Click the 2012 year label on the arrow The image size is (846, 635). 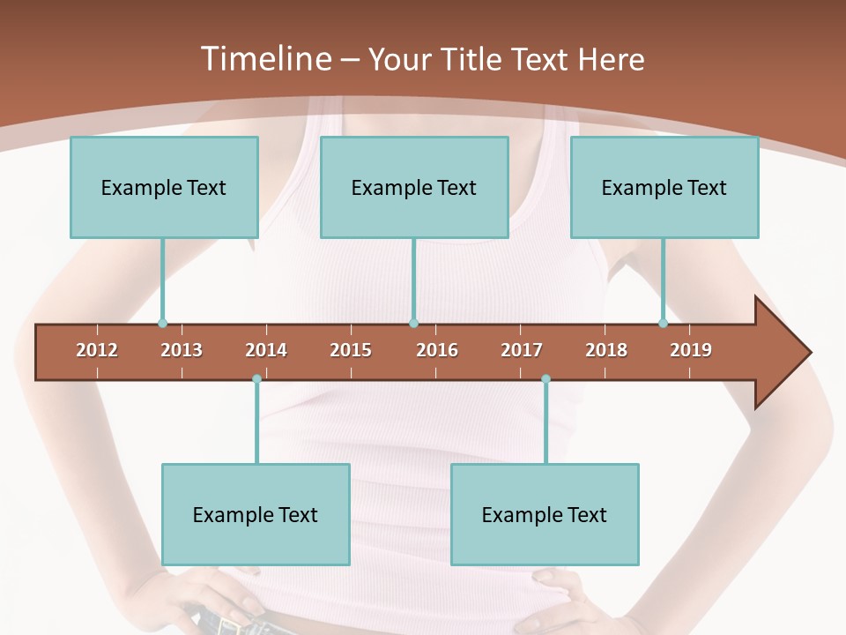click(x=97, y=350)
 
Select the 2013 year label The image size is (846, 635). click(x=182, y=350)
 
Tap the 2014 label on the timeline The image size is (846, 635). click(x=266, y=350)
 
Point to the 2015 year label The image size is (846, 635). click(x=351, y=350)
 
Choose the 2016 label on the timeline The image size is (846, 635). click(x=437, y=350)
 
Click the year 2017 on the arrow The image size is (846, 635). click(x=522, y=350)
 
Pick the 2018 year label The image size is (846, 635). click(x=606, y=350)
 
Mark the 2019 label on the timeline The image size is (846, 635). click(x=691, y=350)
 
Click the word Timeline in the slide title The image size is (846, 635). click(x=265, y=59)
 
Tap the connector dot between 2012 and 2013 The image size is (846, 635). click(x=162, y=324)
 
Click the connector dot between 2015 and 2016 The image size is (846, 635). click(x=413, y=324)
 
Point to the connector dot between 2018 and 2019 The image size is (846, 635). click(x=664, y=324)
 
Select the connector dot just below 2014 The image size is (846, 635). click(x=256, y=379)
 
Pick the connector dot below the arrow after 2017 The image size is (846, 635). click(x=545, y=379)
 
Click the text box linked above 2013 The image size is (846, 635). click(x=164, y=187)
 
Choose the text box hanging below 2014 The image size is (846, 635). click(x=256, y=514)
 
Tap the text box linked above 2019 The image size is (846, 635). click(x=664, y=187)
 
